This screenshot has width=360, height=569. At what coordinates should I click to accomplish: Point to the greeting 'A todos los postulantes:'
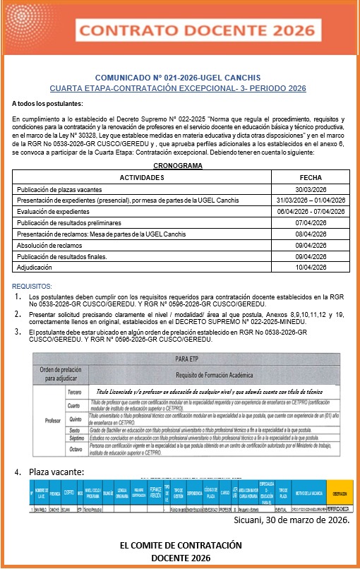47,104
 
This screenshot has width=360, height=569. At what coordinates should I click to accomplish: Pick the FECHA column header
311,177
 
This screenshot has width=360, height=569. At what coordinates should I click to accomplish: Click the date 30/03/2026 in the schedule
311,190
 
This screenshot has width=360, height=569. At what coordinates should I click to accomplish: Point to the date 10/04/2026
311,268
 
